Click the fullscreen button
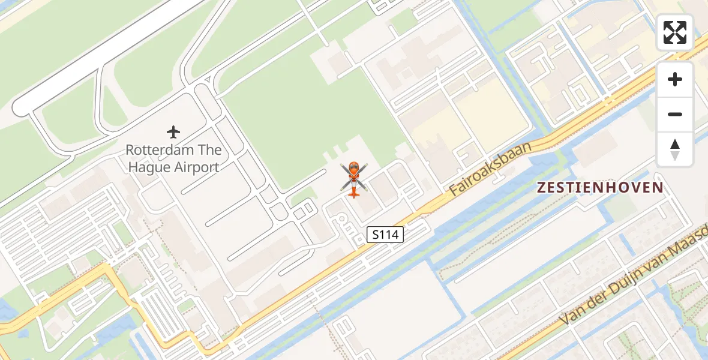coord(675,32)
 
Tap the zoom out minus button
coord(675,114)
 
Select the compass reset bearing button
coord(675,149)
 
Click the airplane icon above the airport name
coord(174,131)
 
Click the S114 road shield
coord(385,235)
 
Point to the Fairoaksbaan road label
coord(490,169)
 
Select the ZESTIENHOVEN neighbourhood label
coord(600,187)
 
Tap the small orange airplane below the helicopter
coord(354,192)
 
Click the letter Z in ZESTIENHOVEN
coord(541,187)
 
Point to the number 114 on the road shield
coord(389,235)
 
